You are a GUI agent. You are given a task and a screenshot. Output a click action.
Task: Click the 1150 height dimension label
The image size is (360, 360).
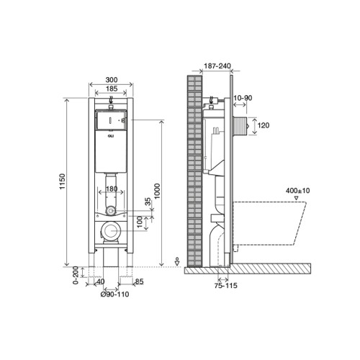(x=62, y=181)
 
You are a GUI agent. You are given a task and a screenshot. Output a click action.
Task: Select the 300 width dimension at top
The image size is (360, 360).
(x=112, y=79)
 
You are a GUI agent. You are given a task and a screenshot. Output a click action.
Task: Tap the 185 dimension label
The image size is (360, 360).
(x=112, y=89)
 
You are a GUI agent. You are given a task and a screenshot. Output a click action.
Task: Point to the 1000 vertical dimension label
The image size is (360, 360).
(x=157, y=191)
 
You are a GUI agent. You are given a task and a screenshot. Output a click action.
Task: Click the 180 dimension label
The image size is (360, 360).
(x=112, y=189)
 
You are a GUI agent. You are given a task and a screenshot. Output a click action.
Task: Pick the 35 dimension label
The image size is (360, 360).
(x=148, y=202)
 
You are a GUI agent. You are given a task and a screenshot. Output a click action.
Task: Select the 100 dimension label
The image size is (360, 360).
(x=140, y=222)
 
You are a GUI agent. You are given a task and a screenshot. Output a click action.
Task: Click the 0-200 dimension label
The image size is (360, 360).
(x=76, y=275)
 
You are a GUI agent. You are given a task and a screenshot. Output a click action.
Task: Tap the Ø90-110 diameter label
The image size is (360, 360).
(x=114, y=294)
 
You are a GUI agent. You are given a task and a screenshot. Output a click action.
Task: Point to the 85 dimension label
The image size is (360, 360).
(x=139, y=282)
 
